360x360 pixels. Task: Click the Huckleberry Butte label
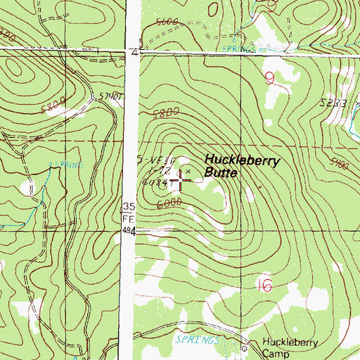pyautogui.click(x=242, y=166)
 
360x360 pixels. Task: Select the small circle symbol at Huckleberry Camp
pyautogui.click(x=245, y=348)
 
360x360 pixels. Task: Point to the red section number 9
pyautogui.click(x=270, y=78)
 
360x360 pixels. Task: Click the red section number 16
pyautogui.click(x=264, y=285)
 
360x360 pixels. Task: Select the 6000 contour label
pyautogui.click(x=171, y=202)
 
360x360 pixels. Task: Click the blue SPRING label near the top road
pyautogui.click(x=238, y=49)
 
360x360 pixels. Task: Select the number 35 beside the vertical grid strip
pyautogui.click(x=128, y=206)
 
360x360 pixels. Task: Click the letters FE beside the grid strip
pyautogui.click(x=128, y=218)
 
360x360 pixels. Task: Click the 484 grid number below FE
pyautogui.click(x=128, y=230)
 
